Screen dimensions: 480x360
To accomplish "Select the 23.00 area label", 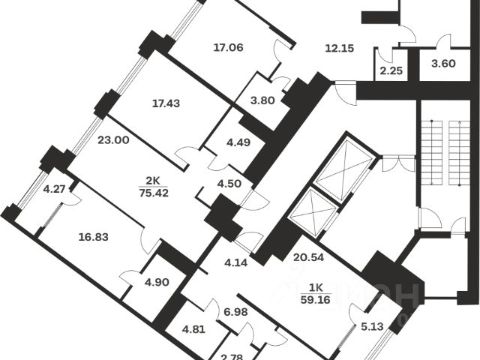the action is (x=112, y=139).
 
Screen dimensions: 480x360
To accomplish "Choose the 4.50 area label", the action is (x=225, y=181).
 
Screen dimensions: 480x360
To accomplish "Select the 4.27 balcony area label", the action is (x=54, y=190).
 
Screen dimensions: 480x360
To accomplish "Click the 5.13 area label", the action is (x=371, y=326).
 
